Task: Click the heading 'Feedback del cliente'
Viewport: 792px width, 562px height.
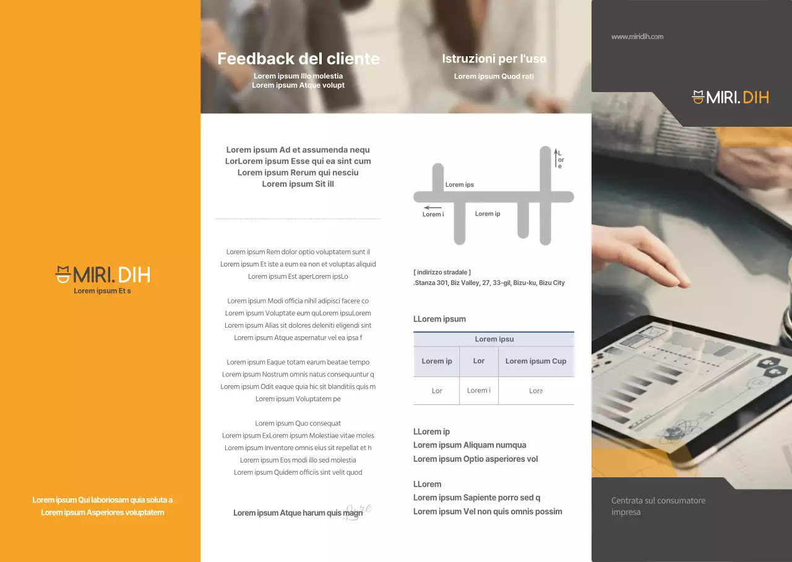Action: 298,59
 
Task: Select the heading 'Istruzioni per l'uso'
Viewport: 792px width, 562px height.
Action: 494,59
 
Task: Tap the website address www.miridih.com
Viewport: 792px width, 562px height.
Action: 637,36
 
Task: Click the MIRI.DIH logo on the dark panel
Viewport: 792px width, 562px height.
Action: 730,97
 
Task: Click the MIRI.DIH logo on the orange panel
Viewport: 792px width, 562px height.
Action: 103,275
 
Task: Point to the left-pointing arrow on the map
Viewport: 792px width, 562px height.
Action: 433,208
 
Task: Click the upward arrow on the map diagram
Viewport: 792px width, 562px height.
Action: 556,158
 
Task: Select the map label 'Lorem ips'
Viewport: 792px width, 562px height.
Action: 459,185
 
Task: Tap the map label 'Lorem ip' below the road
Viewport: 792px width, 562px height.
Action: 487,214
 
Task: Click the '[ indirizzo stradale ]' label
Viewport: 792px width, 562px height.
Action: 442,273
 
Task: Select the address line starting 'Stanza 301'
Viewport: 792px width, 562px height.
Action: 489,283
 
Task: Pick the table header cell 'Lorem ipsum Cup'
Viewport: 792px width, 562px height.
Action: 536,361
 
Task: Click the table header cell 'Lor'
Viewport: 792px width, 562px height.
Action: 479,361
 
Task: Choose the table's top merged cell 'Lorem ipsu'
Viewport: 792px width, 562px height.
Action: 494,339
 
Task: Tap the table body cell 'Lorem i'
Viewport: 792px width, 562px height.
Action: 479,390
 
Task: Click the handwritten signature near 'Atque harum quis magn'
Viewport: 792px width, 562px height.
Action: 358,511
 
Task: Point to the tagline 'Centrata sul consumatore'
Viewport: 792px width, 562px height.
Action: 658,501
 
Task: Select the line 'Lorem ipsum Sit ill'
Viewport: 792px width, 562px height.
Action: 298,184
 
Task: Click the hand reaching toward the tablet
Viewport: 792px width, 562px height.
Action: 640,256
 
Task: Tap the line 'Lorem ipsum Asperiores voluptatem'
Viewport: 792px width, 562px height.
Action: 103,513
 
